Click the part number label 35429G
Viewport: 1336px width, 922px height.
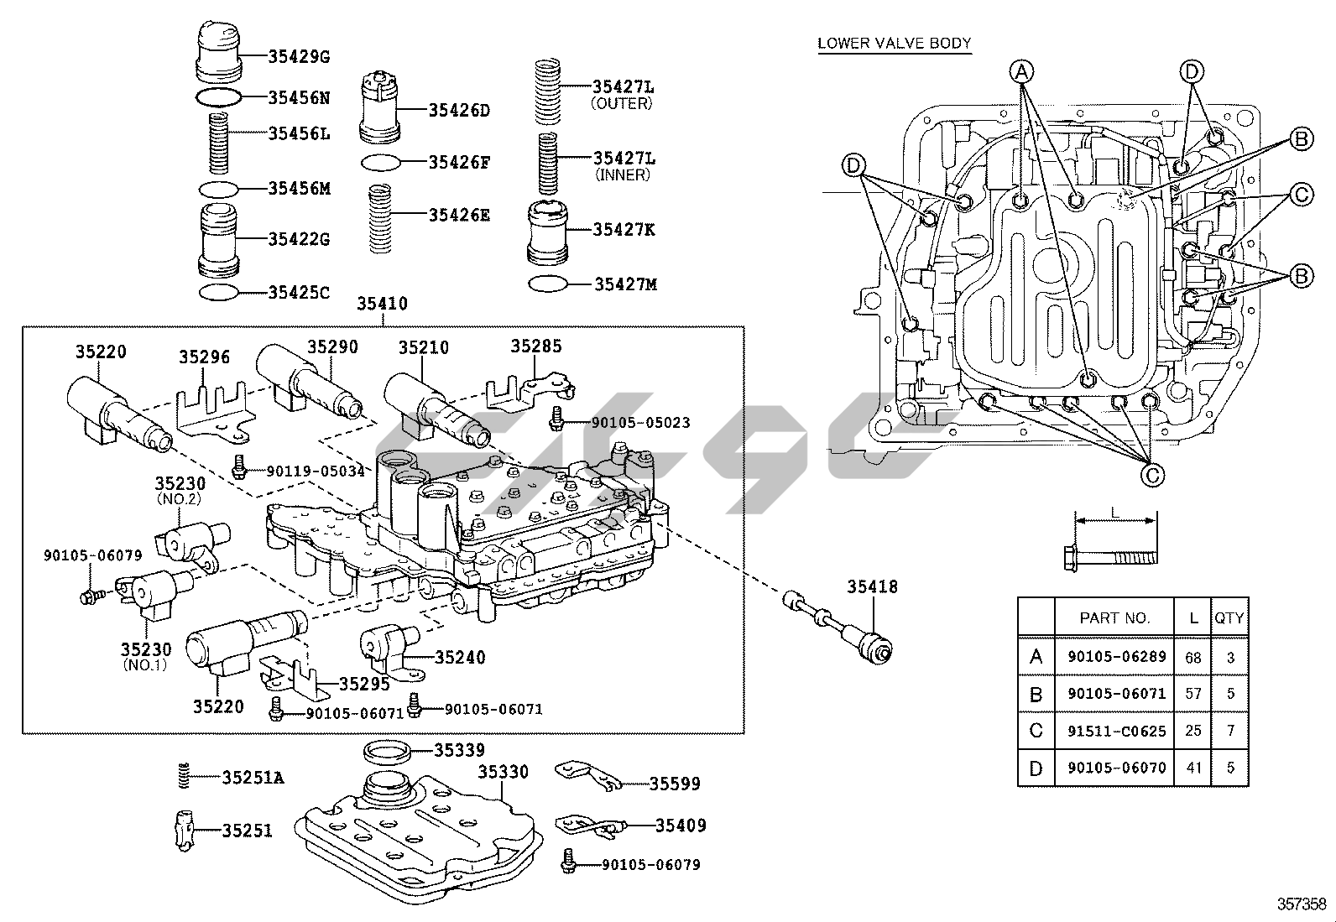pos(299,57)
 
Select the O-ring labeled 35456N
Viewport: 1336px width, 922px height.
pos(219,97)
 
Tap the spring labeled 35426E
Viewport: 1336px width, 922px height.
pos(383,218)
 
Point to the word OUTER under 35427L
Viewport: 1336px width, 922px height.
pos(622,103)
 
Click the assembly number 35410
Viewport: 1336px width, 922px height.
pos(382,304)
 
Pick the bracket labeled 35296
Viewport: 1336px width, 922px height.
pos(212,410)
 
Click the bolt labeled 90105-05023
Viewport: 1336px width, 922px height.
pos(556,417)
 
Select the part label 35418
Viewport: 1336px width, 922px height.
pos(872,587)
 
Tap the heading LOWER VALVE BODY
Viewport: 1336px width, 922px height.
pos(895,44)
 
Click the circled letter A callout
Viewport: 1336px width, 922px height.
pos(1021,72)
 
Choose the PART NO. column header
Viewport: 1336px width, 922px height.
pos(1114,618)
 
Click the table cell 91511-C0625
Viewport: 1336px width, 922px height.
pos(1117,731)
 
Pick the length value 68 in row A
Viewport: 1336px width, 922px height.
pos(1192,657)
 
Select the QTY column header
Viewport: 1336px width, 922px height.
pos(1229,618)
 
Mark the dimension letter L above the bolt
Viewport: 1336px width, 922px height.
pos(1114,512)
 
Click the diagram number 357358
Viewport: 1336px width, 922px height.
pos(1302,904)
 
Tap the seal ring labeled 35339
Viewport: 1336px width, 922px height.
pos(387,748)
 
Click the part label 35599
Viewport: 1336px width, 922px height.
pos(675,784)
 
